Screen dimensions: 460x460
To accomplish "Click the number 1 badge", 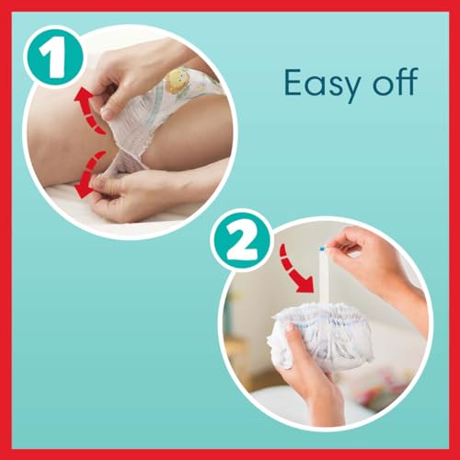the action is (x=53, y=57).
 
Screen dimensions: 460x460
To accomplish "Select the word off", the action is (x=397, y=82).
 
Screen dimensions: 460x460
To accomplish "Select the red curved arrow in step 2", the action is (x=294, y=270).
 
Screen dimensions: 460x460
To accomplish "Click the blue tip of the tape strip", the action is (x=322, y=247).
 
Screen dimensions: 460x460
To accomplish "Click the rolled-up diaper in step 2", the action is (x=322, y=334).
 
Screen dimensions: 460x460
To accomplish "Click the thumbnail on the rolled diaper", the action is (x=289, y=328).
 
